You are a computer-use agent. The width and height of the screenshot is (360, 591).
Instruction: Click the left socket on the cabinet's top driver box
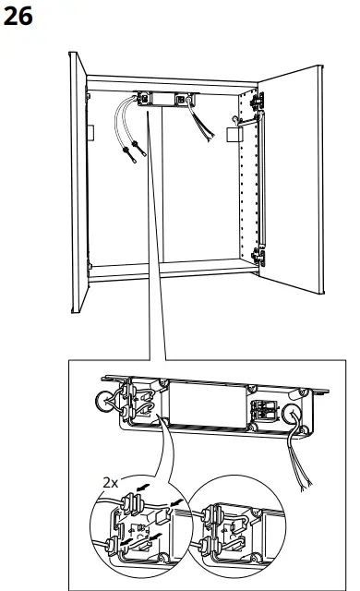point(145,95)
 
